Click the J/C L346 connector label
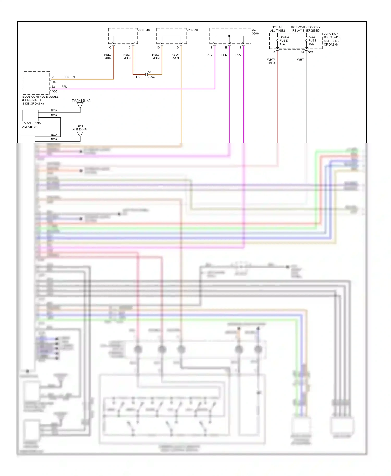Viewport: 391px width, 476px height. (x=144, y=30)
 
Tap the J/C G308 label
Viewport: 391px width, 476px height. (x=193, y=30)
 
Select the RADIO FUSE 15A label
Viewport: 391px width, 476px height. (x=284, y=41)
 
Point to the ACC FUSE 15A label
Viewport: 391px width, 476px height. (x=312, y=40)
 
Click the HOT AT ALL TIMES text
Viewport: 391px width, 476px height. (x=277, y=29)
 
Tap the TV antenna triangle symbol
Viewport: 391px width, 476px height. (x=80, y=105)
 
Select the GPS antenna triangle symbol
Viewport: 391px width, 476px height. (x=80, y=134)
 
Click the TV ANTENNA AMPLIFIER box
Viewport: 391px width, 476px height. (x=30, y=115)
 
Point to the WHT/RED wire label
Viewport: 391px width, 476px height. (x=271, y=61)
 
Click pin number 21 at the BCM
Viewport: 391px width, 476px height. (x=53, y=77)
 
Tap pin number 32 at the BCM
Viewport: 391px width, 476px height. (x=53, y=87)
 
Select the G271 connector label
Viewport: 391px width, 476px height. (x=311, y=52)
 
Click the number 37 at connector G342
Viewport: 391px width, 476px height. (x=150, y=72)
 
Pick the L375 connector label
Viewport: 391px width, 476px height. (x=139, y=77)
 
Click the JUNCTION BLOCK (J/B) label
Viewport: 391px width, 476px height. (x=332, y=39)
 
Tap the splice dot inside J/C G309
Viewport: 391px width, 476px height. (x=229, y=36)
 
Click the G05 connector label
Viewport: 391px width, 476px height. (x=54, y=91)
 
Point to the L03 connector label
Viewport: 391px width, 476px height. (x=54, y=82)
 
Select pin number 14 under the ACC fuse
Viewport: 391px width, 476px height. (x=302, y=52)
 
